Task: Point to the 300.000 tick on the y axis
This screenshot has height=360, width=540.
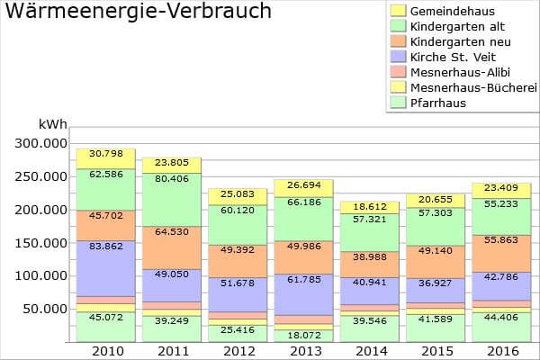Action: click(x=37, y=143)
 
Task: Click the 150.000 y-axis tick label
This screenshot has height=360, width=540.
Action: click(x=37, y=242)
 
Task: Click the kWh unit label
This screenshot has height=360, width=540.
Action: click(x=51, y=124)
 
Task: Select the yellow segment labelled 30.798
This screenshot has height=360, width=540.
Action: click(x=105, y=158)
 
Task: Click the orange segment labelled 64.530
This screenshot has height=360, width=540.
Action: click(x=172, y=232)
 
